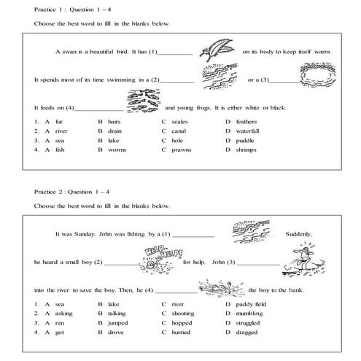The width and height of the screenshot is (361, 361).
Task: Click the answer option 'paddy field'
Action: click(252, 303)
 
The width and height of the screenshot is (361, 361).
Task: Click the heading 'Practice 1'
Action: click(50, 9)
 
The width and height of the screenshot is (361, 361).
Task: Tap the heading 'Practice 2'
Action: click(50, 191)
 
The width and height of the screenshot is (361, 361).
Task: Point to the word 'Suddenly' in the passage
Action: click(300, 234)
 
